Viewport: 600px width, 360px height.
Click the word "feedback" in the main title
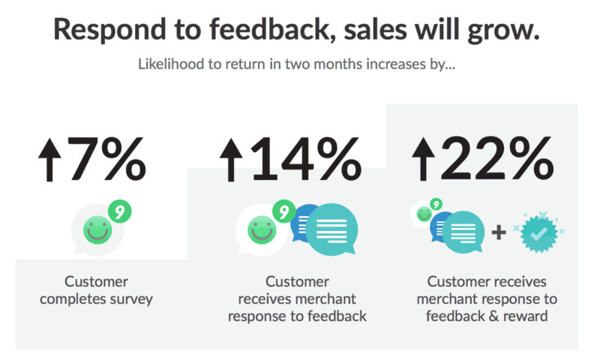271,29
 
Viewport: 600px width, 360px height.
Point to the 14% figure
306,159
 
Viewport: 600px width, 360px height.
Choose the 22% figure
497,159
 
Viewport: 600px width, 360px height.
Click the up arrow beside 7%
49,160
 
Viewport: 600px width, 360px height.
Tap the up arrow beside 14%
231,160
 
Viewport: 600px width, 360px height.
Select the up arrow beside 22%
423,159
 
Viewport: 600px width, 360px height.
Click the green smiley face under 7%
97,230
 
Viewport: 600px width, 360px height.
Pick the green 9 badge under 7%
120,211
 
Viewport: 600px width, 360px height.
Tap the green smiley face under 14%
262,230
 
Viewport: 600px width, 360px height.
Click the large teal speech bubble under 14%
331,229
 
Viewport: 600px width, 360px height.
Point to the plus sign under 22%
499,232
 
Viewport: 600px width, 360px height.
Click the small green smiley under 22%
424,214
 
